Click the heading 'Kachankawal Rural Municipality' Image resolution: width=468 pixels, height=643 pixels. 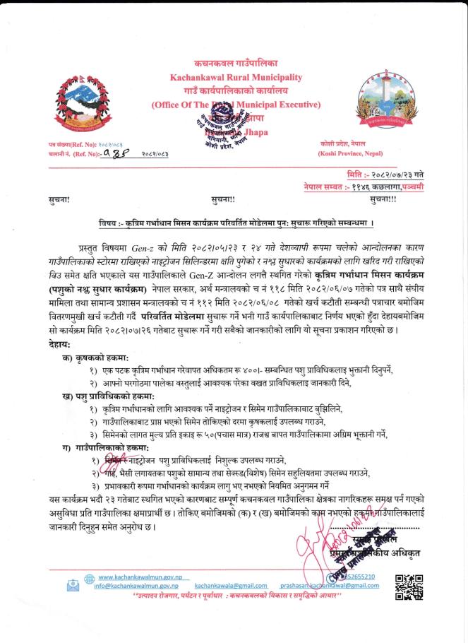235,76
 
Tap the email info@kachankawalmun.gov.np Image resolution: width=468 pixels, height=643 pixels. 135,586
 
